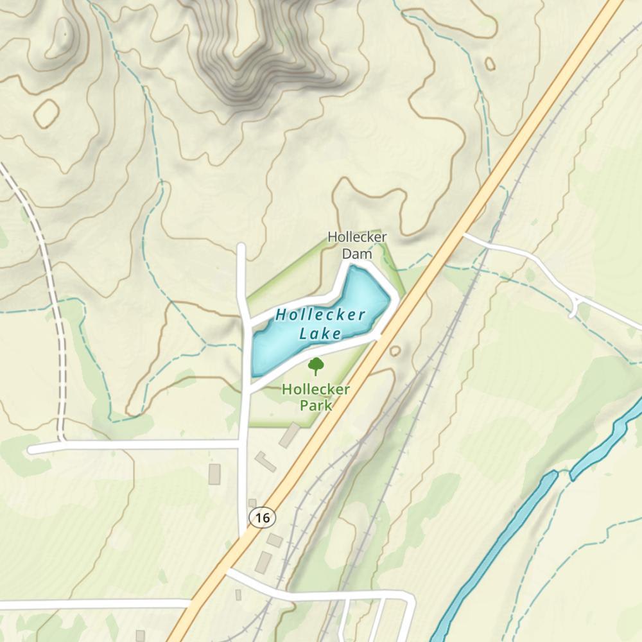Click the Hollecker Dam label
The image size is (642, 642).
tap(357, 245)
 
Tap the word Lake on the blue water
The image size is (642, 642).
tap(320, 333)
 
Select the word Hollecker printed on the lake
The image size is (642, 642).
tap(320, 315)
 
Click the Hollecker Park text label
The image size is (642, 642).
tap(316, 397)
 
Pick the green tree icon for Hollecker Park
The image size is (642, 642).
tap(315, 366)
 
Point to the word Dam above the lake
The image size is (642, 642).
tap(357, 254)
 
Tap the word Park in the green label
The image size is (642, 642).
tap(316, 405)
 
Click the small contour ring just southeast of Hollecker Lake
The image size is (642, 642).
tap(394, 351)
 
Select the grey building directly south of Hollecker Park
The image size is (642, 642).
tap(289, 435)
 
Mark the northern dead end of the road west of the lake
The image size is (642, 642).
tap(241, 247)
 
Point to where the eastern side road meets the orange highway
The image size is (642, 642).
tap(465, 236)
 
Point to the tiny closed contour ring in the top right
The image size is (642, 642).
tap(490, 64)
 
